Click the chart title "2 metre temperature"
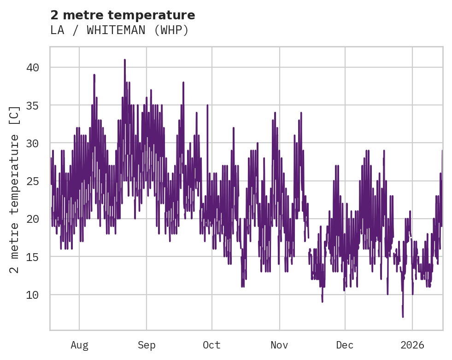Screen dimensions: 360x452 123,15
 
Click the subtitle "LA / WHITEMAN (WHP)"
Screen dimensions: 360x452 119,30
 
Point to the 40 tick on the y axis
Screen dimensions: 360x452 32,68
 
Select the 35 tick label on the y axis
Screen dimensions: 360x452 32,105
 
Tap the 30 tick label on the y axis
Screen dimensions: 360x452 32,143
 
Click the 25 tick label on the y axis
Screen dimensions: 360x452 32,181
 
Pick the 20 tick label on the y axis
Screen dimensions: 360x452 32,219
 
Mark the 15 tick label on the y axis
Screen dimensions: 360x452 32,256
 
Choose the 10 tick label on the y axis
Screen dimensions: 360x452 32,295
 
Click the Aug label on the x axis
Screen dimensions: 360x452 79,345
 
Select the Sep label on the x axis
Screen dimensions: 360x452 147,345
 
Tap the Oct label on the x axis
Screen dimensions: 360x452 211,345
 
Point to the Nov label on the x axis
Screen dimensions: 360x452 279,345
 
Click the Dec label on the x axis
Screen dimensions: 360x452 345,345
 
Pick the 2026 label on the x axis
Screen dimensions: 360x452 412,345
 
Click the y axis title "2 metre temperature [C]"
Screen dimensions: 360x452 15,189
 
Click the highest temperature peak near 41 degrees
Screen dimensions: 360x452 124,60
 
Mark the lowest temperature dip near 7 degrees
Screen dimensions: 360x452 403,316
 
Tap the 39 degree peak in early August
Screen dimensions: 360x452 94,75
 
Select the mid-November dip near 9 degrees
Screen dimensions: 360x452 322,302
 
